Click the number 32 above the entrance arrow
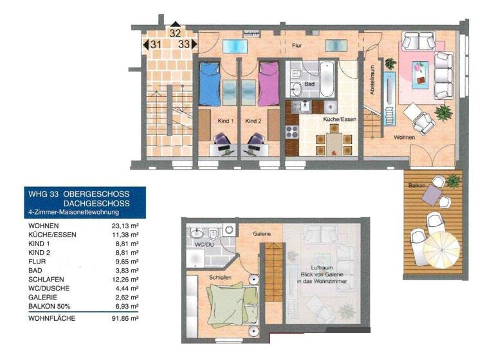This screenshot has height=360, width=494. coord(175,31)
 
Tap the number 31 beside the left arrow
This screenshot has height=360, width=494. coord(155,44)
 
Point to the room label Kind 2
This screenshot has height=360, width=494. coord(254,121)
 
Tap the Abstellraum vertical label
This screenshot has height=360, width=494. coord(371,81)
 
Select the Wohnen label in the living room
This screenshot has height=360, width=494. coord(405,137)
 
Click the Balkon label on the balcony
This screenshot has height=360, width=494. coord(416,185)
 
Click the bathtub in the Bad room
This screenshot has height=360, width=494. coord(327,79)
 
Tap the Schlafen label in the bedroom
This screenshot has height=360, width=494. coord(220,277)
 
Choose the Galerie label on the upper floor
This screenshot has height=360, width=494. coord(261,235)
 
